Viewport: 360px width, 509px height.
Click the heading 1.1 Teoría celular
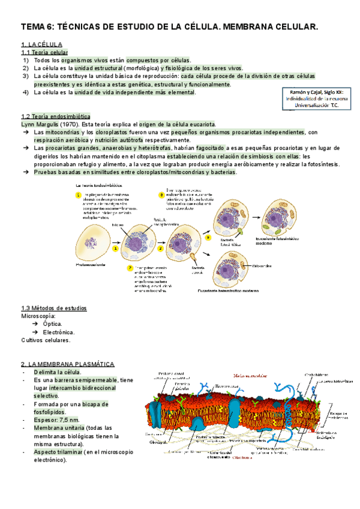pos(42,53)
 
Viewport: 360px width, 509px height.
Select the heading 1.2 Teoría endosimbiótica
pos(55,116)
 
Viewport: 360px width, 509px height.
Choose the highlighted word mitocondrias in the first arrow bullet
pos(61,132)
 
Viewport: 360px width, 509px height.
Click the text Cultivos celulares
pos(46,340)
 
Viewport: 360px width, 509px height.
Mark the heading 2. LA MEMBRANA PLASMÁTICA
pos(67,364)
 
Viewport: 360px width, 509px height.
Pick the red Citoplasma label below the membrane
pos(243,457)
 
